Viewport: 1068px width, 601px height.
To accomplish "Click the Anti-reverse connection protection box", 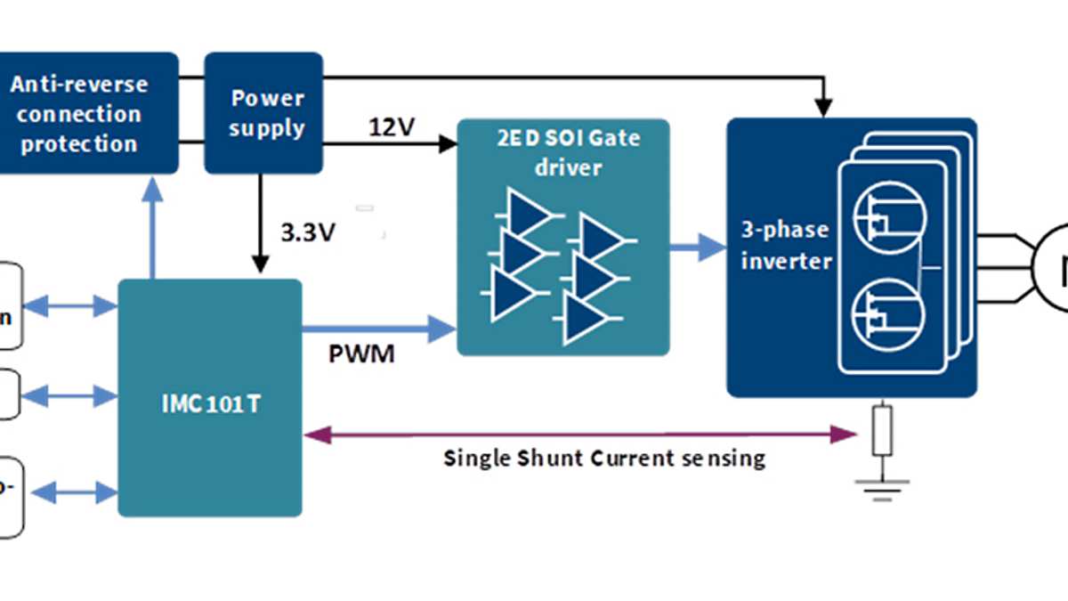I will click(79, 113).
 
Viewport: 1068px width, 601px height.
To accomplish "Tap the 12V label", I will click(392, 127).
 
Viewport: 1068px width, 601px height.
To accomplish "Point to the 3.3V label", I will click(307, 233).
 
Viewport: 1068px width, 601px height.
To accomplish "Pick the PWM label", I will click(361, 355).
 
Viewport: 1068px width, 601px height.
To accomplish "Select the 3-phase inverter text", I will click(785, 245).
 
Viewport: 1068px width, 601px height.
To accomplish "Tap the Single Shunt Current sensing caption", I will click(604, 459).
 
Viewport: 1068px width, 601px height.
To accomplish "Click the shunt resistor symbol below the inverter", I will click(883, 429).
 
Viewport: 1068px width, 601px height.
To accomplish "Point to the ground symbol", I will click(883, 488).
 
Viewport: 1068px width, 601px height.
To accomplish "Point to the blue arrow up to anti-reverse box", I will click(153, 226).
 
